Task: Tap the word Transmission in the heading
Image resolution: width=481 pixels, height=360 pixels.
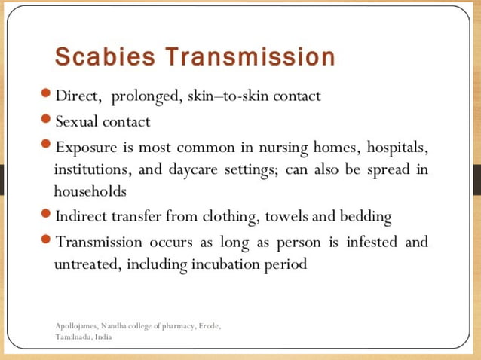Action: click(250, 57)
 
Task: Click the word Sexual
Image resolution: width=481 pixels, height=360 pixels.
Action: click(78, 121)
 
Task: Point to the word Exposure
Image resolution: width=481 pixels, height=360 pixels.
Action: click(85, 145)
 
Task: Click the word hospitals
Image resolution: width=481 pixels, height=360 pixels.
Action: click(391, 145)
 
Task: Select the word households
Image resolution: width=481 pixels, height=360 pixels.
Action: click(90, 191)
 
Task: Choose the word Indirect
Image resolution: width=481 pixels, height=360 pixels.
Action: click(84, 217)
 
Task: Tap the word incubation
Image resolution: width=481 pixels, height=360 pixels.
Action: click(225, 265)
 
